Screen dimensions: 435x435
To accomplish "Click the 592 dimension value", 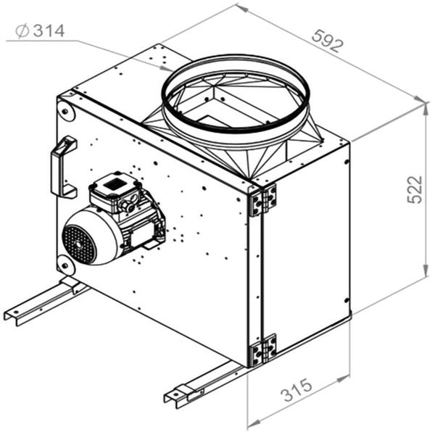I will coord(328,41).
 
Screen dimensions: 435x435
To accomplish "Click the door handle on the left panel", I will coord(62,167).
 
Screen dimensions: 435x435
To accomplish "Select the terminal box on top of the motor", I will coord(116,188).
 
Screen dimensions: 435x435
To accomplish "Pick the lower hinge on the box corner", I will coord(262,349).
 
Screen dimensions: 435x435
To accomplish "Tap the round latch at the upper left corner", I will coord(66,112).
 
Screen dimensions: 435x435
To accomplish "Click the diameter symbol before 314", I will coord(21,30).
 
